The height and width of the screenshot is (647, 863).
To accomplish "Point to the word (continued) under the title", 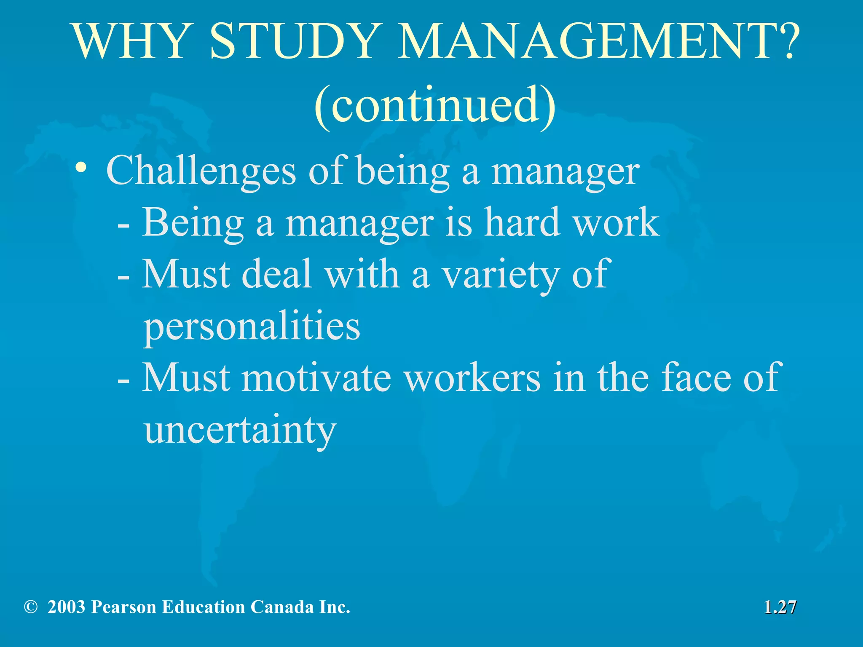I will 435,105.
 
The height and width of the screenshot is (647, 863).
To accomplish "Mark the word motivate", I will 316,378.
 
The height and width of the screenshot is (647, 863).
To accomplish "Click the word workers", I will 472,378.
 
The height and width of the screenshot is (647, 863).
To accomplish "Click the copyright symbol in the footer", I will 30,607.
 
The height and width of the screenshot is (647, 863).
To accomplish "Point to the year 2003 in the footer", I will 67,607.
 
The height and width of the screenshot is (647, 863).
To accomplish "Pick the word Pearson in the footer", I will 123,607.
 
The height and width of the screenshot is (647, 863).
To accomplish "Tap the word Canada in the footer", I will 282,607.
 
